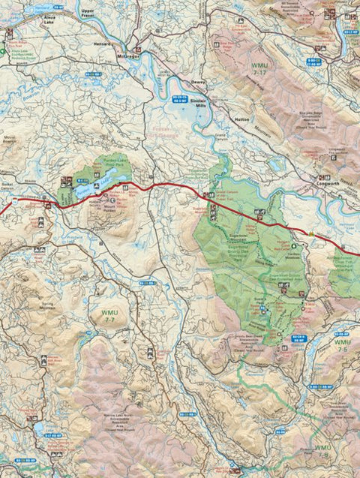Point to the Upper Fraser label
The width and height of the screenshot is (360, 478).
point(89,14)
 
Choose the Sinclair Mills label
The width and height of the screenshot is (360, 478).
point(197,102)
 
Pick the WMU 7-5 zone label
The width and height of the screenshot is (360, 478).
point(342,347)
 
